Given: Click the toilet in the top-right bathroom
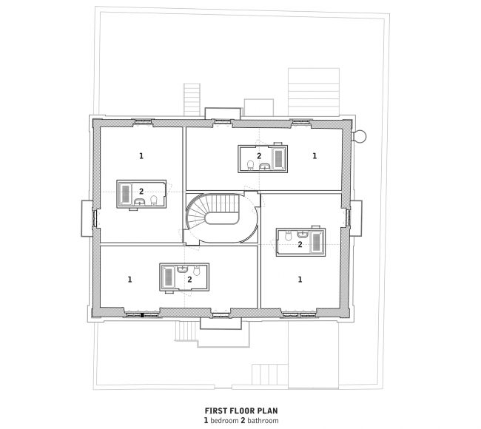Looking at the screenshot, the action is (251, 165).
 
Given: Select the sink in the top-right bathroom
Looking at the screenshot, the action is (265, 166).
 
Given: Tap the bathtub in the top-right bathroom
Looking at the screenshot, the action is (279, 158).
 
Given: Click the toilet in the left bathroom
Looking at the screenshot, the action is (154, 200).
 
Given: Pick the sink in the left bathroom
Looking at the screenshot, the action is (140, 201).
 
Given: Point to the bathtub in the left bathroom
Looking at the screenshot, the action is (126, 193).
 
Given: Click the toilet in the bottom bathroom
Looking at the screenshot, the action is (197, 271).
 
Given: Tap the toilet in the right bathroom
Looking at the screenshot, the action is (289, 236).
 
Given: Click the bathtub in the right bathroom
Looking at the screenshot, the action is (316, 243).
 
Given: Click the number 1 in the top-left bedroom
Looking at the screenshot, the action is (141, 156).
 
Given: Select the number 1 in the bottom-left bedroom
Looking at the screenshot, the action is (129, 280).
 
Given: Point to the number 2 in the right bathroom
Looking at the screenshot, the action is (300, 244).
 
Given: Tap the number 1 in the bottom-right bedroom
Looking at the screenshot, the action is (300, 280).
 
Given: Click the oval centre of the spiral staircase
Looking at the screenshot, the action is (222, 218).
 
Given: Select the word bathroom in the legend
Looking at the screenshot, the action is (263, 420).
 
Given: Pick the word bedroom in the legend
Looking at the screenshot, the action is (224, 420).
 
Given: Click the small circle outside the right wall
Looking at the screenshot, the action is (360, 136).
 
